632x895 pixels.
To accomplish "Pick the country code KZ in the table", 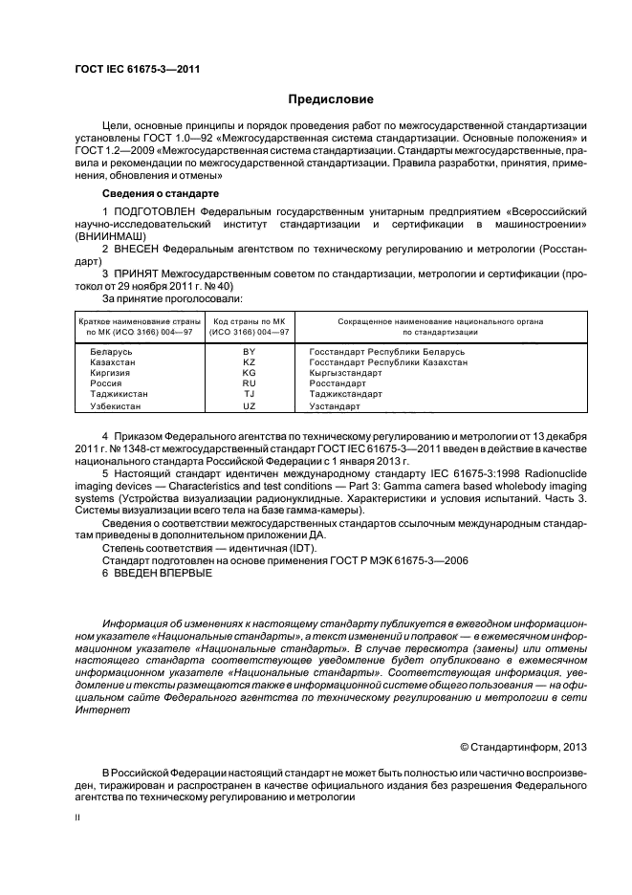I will click(250, 362).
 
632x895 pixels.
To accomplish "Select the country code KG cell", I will click(250, 373).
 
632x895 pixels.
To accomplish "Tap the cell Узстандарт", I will click(334, 406).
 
